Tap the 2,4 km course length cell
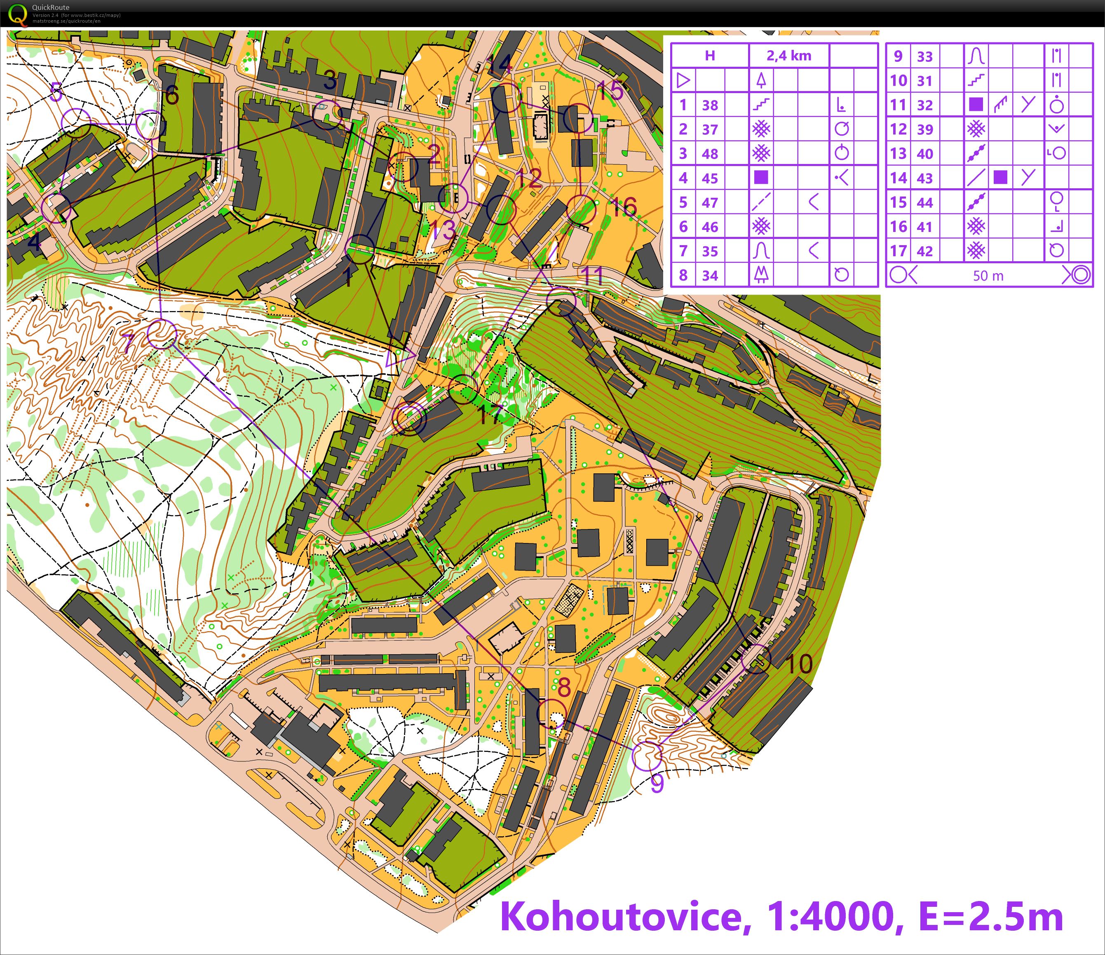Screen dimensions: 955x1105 point(789,56)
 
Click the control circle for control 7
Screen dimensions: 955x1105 point(162,334)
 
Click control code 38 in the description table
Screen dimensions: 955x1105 point(709,105)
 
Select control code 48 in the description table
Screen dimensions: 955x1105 point(709,154)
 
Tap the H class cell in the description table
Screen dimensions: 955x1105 point(709,56)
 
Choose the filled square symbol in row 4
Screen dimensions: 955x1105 point(761,178)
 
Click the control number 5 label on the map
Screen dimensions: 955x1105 point(56,93)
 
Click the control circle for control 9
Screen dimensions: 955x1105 point(647,756)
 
